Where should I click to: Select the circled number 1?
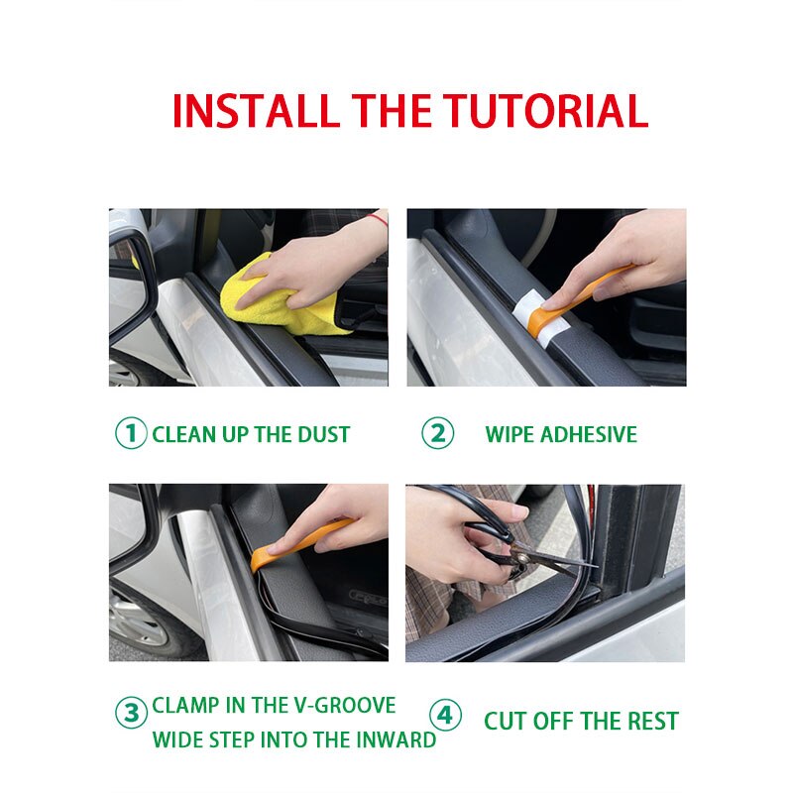click(130, 434)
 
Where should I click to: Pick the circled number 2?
click(437, 434)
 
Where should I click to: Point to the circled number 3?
click(130, 714)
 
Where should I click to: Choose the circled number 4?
click(445, 715)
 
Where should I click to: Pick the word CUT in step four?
click(506, 721)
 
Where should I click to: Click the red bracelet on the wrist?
click(376, 218)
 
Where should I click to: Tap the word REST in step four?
click(648, 721)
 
